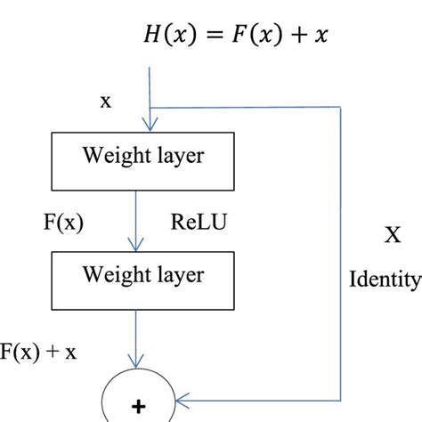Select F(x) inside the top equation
point(240,37)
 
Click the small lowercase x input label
point(106,101)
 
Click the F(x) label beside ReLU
point(62,220)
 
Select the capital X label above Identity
point(391,235)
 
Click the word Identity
point(384,281)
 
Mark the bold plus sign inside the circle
point(138,407)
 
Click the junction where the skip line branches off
point(153,108)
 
